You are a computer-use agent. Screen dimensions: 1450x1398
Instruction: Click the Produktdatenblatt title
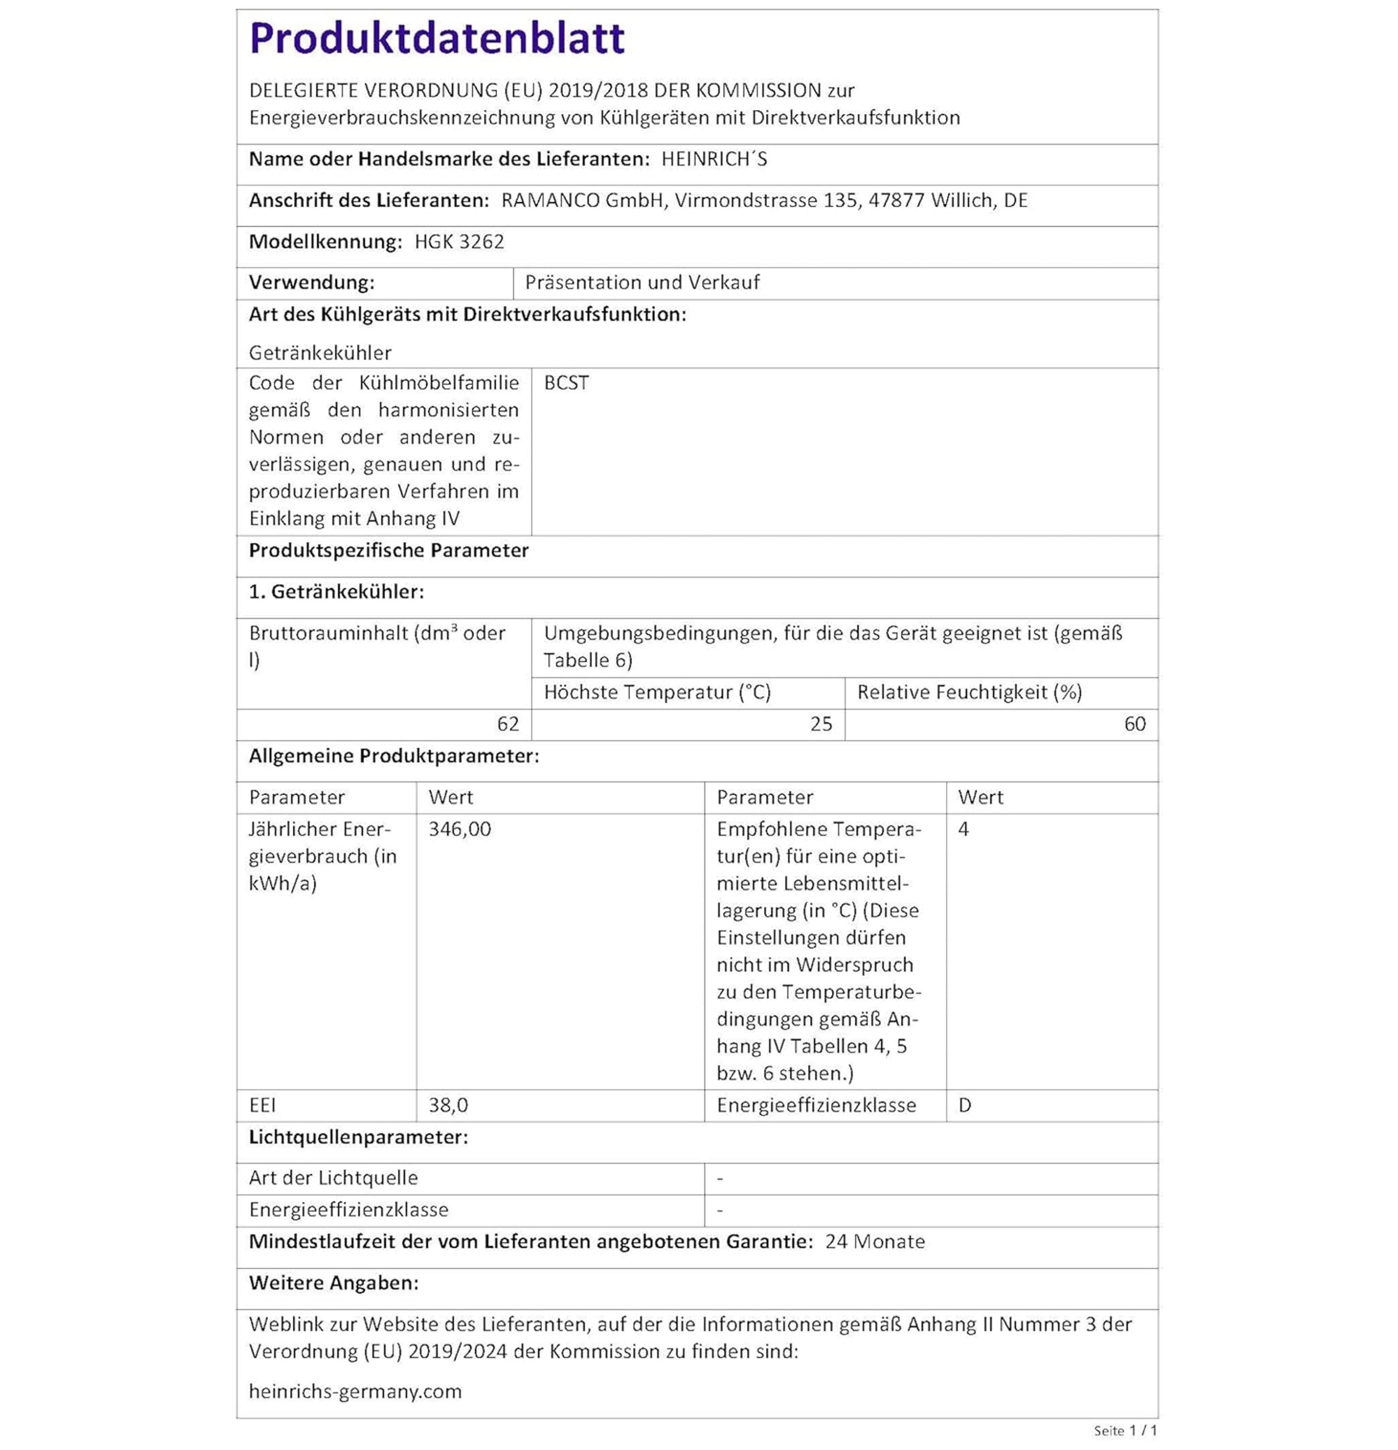436,39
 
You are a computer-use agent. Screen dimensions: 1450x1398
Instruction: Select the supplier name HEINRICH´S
714,159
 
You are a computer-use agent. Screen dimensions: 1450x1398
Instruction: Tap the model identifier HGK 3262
459,242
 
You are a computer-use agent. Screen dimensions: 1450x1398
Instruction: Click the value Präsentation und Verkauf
642,283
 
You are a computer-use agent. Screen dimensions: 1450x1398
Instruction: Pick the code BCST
566,383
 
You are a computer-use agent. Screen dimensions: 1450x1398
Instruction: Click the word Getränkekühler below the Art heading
319,353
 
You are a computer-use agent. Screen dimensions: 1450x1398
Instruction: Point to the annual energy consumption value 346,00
459,829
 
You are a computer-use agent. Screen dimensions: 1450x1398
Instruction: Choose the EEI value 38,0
448,1105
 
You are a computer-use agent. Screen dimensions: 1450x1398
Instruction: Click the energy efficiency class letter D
965,1105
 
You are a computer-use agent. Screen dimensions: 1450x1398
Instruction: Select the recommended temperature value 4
963,829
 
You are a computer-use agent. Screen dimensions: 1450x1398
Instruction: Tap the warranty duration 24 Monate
874,1242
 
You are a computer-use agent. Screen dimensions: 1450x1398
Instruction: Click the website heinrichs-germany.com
355,1391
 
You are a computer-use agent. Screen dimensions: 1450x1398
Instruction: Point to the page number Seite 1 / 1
1125,1431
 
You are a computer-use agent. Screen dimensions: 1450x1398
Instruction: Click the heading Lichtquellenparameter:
358,1137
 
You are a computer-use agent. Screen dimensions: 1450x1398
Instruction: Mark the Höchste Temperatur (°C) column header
657,693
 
